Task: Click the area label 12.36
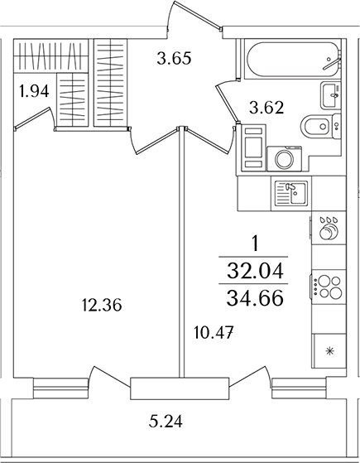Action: [x=103, y=306]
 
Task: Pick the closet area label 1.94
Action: [x=34, y=91]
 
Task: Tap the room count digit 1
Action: [x=256, y=244]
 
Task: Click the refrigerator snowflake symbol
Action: [x=329, y=351]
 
